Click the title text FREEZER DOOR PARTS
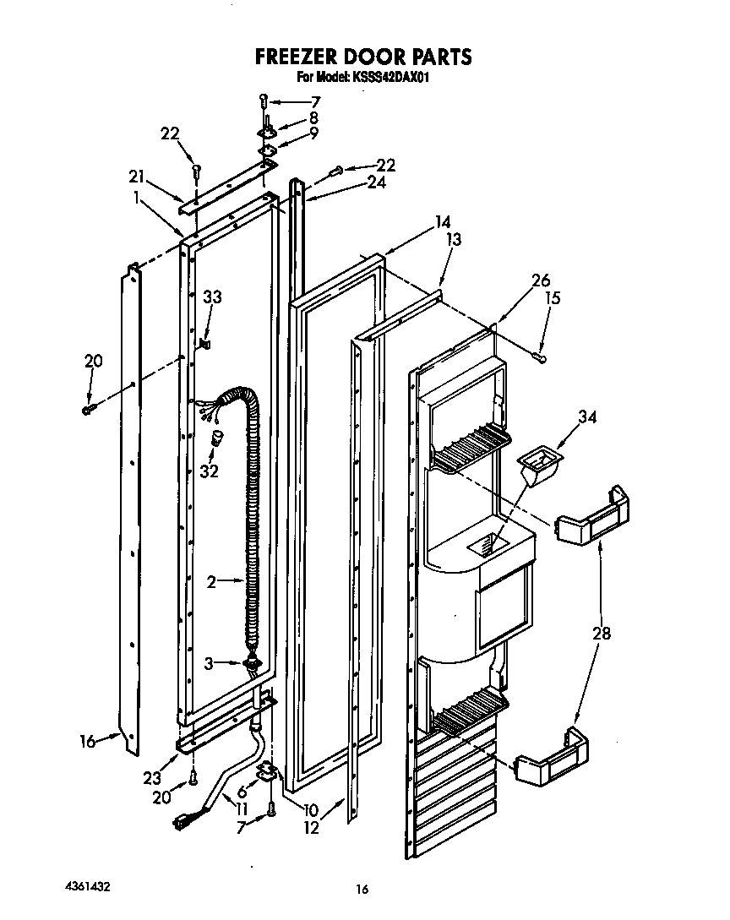[x=363, y=57]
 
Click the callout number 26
[x=542, y=280]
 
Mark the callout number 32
[x=209, y=471]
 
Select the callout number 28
[x=601, y=633]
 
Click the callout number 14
[x=442, y=223]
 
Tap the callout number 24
[x=378, y=182]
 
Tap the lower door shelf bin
[x=553, y=758]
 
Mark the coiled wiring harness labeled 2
[x=250, y=524]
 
